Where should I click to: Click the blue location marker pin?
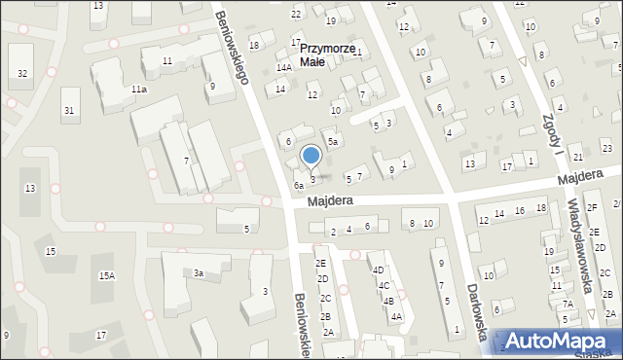[311, 156]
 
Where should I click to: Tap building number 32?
[22, 74]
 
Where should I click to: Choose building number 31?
[68, 110]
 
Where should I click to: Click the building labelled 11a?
[139, 90]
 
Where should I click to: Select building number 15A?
[106, 276]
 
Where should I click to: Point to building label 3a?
[198, 273]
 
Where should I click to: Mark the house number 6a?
[299, 185]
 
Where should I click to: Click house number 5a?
[332, 142]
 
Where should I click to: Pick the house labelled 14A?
[283, 68]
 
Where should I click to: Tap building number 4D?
[379, 270]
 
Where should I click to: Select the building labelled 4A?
[396, 316]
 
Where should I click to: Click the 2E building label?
[320, 264]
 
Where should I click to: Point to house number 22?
[296, 14]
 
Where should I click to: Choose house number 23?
[606, 148]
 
